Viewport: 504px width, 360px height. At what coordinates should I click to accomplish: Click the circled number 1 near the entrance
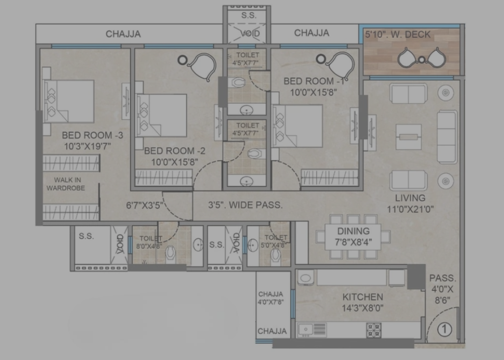coord(445,330)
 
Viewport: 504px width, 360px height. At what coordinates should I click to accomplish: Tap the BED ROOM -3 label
coord(92,135)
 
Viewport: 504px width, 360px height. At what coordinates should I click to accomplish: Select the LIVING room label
coord(410,198)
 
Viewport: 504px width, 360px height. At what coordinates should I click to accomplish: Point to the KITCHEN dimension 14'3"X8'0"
coord(363,308)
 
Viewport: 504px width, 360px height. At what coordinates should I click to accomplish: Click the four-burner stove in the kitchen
coord(374,330)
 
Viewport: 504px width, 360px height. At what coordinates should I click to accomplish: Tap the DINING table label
coord(353,231)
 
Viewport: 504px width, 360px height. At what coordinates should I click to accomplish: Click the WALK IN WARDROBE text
coord(66,184)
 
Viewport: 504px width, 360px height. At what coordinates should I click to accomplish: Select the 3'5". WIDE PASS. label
coord(245,205)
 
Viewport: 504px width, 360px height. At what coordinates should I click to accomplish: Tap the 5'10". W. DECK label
coord(398,35)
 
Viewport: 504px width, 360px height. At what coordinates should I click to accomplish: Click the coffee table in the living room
coord(408,137)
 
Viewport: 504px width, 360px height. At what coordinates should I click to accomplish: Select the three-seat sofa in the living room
coord(447,137)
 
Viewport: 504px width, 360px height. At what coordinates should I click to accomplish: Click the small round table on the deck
coord(422,59)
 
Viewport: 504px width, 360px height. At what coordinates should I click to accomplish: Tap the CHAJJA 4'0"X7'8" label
coord(271,298)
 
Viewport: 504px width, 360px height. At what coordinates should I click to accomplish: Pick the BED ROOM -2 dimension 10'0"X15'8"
coord(175,162)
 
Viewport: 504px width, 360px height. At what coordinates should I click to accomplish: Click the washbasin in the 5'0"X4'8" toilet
coord(253,245)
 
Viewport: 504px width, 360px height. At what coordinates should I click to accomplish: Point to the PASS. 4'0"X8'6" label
coord(442,289)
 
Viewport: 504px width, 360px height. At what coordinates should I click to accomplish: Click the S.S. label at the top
coord(249,15)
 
